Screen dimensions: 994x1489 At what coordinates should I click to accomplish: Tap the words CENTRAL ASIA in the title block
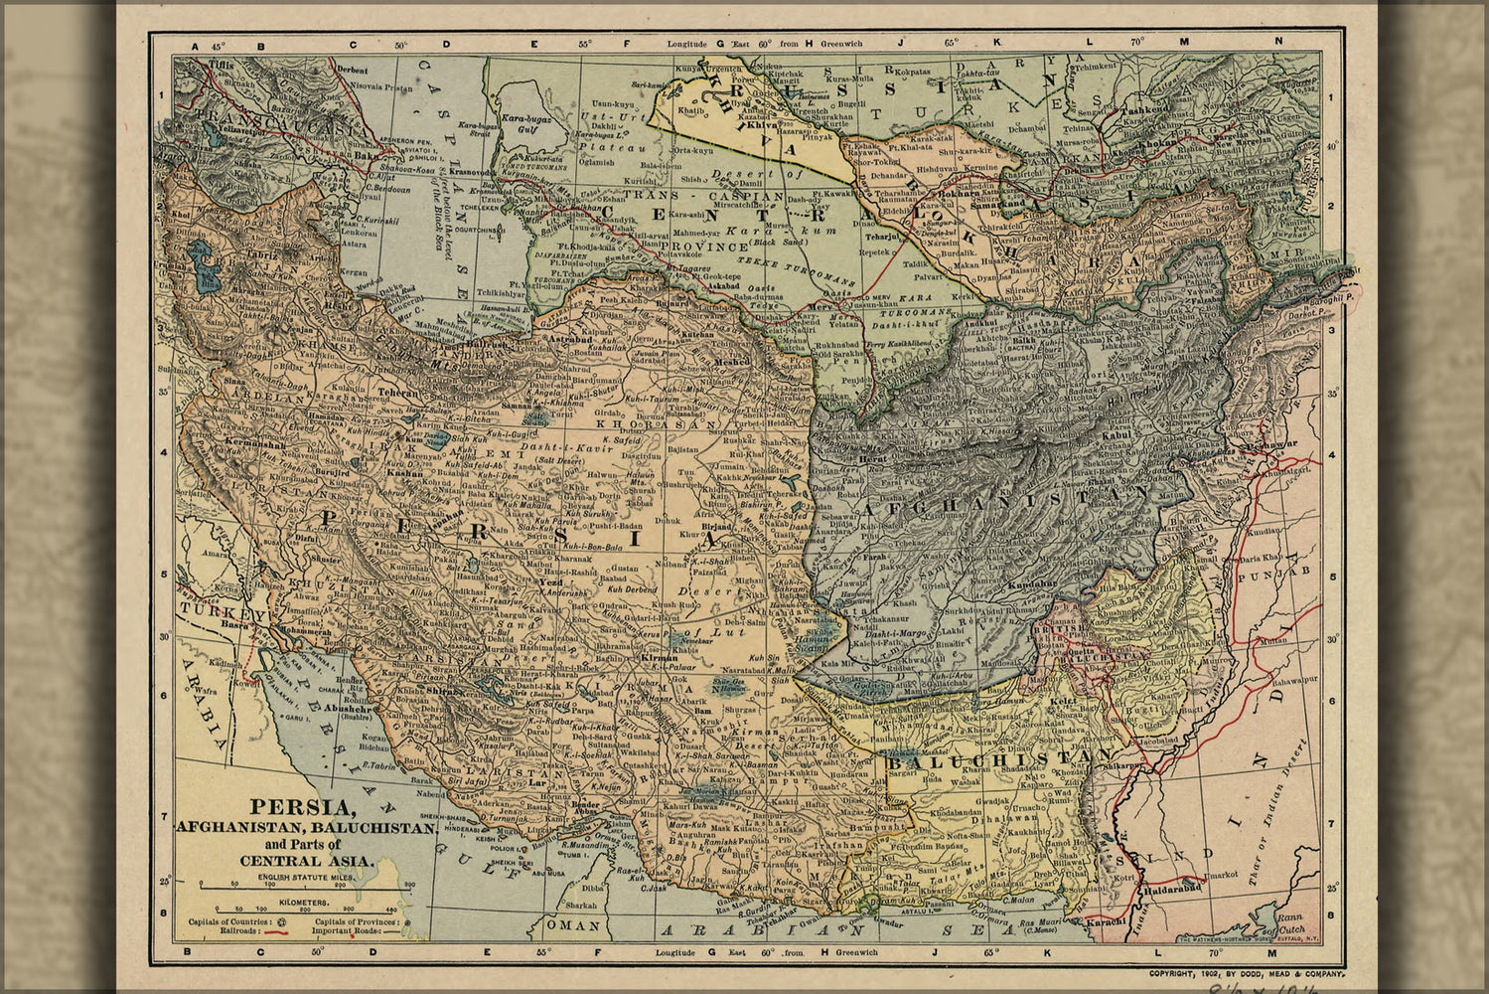pyautogui.click(x=306, y=861)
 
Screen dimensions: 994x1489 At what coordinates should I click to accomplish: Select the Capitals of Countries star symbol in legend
pyautogui.click(x=282, y=922)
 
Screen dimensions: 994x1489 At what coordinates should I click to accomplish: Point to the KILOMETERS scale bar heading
pyautogui.click(x=278, y=898)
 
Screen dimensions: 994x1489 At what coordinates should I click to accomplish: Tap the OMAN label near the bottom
pyautogui.click(x=578, y=926)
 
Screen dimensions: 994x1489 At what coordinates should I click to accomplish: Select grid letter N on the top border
pyautogui.click(x=1280, y=42)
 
